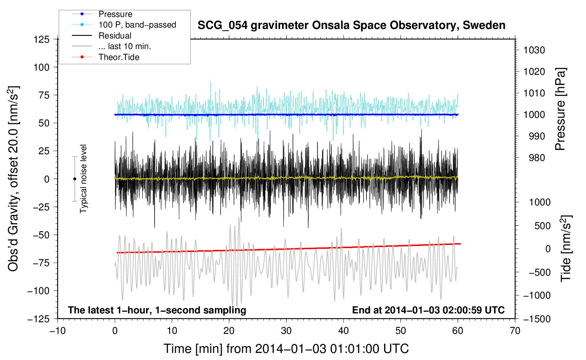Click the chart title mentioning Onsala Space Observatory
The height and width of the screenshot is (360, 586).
tap(351, 25)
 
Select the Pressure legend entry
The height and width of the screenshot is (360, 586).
tap(115, 14)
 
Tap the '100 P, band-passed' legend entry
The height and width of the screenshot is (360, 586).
tap(137, 25)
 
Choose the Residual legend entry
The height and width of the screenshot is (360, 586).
tap(115, 36)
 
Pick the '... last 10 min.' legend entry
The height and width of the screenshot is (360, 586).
tap(125, 46)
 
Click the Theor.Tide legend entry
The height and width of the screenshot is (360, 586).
tap(119, 57)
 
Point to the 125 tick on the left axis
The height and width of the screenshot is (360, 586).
tap(41, 39)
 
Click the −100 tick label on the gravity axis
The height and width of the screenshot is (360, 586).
tap(39, 291)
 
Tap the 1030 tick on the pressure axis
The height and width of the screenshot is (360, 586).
tap(534, 50)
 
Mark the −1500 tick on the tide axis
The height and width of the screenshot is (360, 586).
tap(537, 319)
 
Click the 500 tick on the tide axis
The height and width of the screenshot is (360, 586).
tap(542, 226)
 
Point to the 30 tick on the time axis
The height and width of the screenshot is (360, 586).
tap(286, 331)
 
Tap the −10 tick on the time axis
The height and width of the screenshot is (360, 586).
tap(58, 331)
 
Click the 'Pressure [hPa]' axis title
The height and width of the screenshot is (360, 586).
tap(560, 109)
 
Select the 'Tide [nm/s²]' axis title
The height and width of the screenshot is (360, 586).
tap(566, 248)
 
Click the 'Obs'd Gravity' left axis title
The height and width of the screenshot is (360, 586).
tap(13, 179)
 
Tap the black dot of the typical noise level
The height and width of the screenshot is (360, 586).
tap(74, 179)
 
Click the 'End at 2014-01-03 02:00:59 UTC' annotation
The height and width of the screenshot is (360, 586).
tap(428, 310)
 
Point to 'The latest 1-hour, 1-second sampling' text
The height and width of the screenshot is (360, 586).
tap(157, 310)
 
